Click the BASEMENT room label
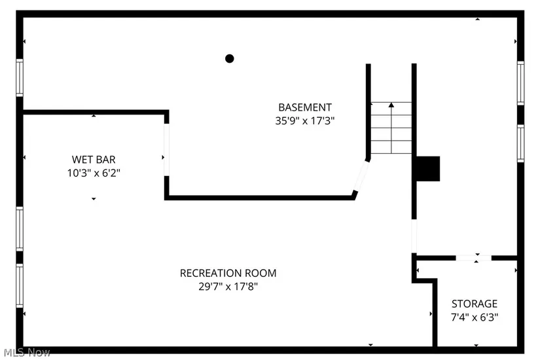(305, 107)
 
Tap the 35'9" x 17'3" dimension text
(305, 120)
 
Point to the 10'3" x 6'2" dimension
(94, 173)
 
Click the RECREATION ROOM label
(228, 273)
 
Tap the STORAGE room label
(475, 304)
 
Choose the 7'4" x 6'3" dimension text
(475, 317)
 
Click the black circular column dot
(230, 58)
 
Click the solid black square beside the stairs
(428, 168)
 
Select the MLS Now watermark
(26, 353)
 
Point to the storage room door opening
(473, 258)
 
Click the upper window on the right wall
(520, 82)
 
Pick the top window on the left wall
(20, 77)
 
